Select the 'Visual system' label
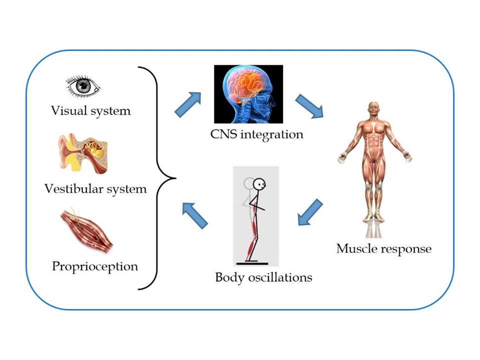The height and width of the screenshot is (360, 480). [91, 111]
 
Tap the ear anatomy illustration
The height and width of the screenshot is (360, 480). [83, 153]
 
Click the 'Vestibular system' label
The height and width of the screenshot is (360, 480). [95, 189]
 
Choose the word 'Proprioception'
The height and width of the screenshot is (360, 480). [95, 266]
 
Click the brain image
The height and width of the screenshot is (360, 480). [248, 94]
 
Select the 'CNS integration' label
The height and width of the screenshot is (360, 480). [257, 134]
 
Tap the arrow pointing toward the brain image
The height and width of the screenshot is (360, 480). [187, 104]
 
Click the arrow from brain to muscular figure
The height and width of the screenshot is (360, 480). [309, 106]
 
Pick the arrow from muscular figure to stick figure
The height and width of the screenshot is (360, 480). [310, 212]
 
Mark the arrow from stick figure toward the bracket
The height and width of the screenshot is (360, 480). [195, 215]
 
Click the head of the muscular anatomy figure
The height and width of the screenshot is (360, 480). [373, 109]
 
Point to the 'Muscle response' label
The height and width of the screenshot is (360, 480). [384, 248]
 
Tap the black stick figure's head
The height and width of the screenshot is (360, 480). [259, 184]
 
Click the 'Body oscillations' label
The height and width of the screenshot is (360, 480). [263, 277]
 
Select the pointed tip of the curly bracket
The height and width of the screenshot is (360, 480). [175, 178]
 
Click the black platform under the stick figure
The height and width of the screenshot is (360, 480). [252, 263]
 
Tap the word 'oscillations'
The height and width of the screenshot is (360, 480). [280, 277]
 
